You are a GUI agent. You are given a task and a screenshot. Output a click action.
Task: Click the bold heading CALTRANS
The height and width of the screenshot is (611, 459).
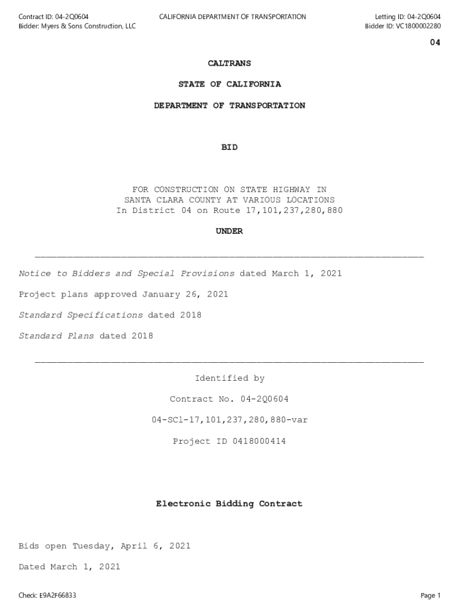coord(229,63)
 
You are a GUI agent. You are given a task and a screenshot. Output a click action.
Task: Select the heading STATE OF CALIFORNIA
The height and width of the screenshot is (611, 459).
coord(229,84)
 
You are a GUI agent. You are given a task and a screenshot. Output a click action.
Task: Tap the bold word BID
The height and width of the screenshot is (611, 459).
coord(229,147)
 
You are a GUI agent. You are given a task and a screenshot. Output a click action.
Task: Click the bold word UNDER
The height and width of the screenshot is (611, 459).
coord(229,232)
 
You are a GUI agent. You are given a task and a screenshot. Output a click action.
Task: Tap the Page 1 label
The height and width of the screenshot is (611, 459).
coord(430,595)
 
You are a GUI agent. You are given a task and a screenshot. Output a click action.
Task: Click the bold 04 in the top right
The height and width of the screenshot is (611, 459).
coord(435,43)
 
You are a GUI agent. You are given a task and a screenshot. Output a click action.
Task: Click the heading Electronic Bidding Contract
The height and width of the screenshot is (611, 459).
coord(229,504)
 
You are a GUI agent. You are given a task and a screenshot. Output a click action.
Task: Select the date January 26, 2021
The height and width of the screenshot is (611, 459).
coord(185,294)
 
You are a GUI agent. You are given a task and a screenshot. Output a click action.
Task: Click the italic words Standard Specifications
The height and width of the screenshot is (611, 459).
coord(81,315)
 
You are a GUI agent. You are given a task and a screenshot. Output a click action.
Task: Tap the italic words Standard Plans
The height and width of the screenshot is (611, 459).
coord(57,336)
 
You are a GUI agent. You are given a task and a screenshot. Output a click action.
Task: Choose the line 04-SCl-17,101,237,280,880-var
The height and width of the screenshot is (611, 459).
coord(229,420)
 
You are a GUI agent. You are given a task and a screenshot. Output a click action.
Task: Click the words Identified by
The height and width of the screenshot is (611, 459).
coord(229,378)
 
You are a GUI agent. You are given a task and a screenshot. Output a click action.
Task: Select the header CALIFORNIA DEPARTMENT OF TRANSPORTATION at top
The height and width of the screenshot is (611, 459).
coord(232,17)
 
